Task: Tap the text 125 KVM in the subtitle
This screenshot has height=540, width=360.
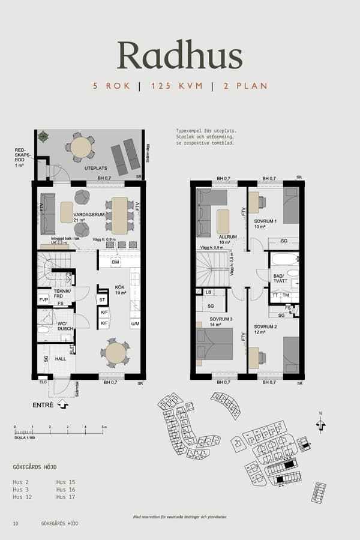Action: click(175, 86)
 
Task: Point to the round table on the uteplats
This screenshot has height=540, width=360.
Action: click(81, 147)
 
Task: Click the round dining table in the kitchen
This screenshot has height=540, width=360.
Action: click(115, 353)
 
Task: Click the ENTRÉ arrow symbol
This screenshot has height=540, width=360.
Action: click(64, 405)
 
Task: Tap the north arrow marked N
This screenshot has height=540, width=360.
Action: click(320, 424)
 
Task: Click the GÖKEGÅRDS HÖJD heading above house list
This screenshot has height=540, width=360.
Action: click(35, 467)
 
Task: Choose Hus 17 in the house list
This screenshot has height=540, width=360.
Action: click(65, 497)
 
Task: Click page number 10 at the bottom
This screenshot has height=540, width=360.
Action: click(16, 524)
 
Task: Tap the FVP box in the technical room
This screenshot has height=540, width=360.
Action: click(44, 299)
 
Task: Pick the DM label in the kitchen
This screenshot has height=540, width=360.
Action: click(115, 262)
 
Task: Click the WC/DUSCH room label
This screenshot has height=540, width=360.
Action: click(65, 325)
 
